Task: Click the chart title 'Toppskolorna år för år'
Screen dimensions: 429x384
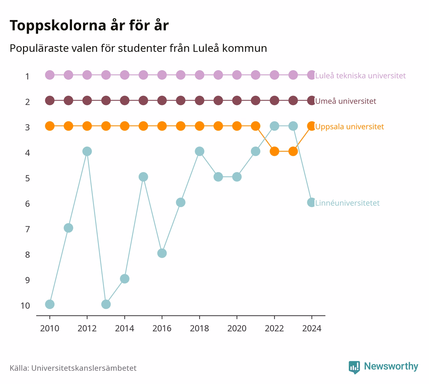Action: click(x=89, y=26)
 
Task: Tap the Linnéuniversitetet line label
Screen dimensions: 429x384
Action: click(x=347, y=203)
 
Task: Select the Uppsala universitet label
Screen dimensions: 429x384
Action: click(x=349, y=127)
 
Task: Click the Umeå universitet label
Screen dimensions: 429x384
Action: click(x=345, y=101)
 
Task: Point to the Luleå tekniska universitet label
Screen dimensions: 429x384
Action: click(x=360, y=75)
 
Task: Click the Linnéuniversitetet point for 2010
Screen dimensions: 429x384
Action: click(x=50, y=304)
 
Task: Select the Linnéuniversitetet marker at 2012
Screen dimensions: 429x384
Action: click(x=87, y=151)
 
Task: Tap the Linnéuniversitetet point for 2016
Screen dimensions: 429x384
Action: click(x=162, y=253)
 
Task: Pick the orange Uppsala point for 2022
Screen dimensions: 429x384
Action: click(x=274, y=151)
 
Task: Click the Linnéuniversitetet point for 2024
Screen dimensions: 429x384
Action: click(x=312, y=203)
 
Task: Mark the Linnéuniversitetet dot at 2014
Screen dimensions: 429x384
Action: click(x=125, y=279)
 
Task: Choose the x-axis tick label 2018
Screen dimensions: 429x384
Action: click(x=199, y=329)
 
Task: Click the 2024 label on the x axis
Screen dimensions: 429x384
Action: click(x=312, y=329)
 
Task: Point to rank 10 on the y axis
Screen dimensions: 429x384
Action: click(x=25, y=306)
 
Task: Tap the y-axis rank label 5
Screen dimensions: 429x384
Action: click(x=28, y=178)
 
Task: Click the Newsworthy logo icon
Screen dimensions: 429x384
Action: click(x=354, y=367)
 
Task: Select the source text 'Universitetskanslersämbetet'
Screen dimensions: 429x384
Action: click(x=84, y=368)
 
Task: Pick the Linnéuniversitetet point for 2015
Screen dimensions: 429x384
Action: click(x=143, y=177)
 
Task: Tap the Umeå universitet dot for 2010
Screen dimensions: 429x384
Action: click(x=50, y=101)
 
